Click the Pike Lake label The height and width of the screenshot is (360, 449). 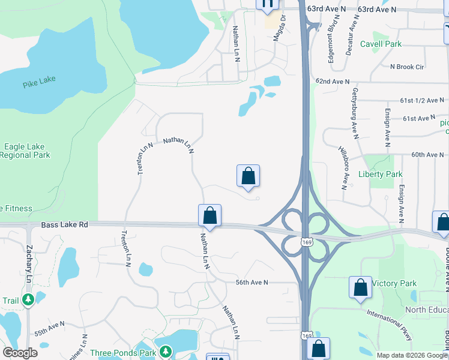(x=39, y=83)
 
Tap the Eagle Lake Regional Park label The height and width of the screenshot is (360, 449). (x=25, y=151)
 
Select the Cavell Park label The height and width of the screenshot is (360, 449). (x=381, y=44)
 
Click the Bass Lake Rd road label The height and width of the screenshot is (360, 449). (x=65, y=224)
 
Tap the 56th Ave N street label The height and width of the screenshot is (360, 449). (x=252, y=282)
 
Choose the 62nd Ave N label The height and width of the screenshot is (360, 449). (x=332, y=81)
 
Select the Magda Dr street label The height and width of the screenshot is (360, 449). (x=279, y=28)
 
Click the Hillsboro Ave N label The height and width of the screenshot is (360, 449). (x=343, y=166)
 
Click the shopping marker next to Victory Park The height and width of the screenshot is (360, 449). (x=360, y=287)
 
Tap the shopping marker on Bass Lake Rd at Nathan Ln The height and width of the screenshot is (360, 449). (x=209, y=215)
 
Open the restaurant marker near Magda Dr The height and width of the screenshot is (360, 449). (x=267, y=4)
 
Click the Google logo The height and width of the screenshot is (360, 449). (x=20, y=353)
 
